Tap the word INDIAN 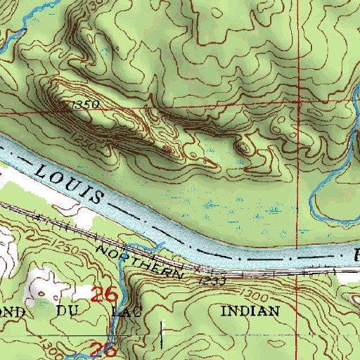[x=250, y=310]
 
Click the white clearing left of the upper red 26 [x=46, y=285]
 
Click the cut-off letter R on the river [x=355, y=252]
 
